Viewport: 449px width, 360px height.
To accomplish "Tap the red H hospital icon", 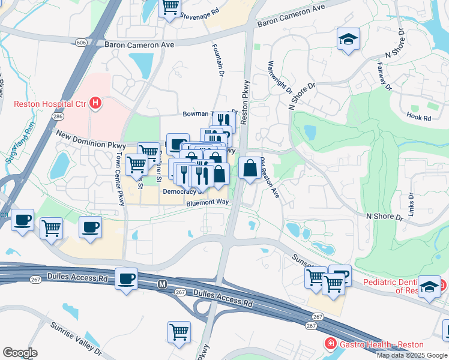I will click(x=95, y=104).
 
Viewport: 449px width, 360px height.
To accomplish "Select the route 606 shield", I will click(x=81, y=42).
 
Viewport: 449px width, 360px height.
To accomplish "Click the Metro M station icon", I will click(x=161, y=283).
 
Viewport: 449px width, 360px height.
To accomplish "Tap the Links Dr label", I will click(x=411, y=205).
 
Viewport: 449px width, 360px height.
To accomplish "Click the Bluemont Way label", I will click(x=208, y=203).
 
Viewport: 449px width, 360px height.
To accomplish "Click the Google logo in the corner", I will click(x=20, y=352).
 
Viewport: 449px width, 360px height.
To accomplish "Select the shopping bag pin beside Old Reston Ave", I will click(x=250, y=169).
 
